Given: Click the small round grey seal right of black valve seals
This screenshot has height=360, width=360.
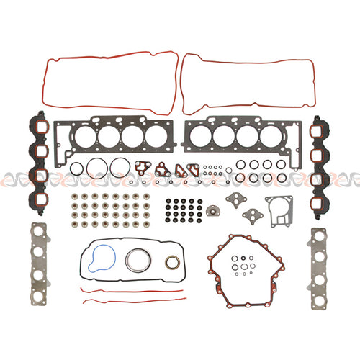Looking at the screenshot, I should [x=213, y=212].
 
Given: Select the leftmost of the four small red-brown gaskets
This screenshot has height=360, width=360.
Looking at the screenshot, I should [x=142, y=168].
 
